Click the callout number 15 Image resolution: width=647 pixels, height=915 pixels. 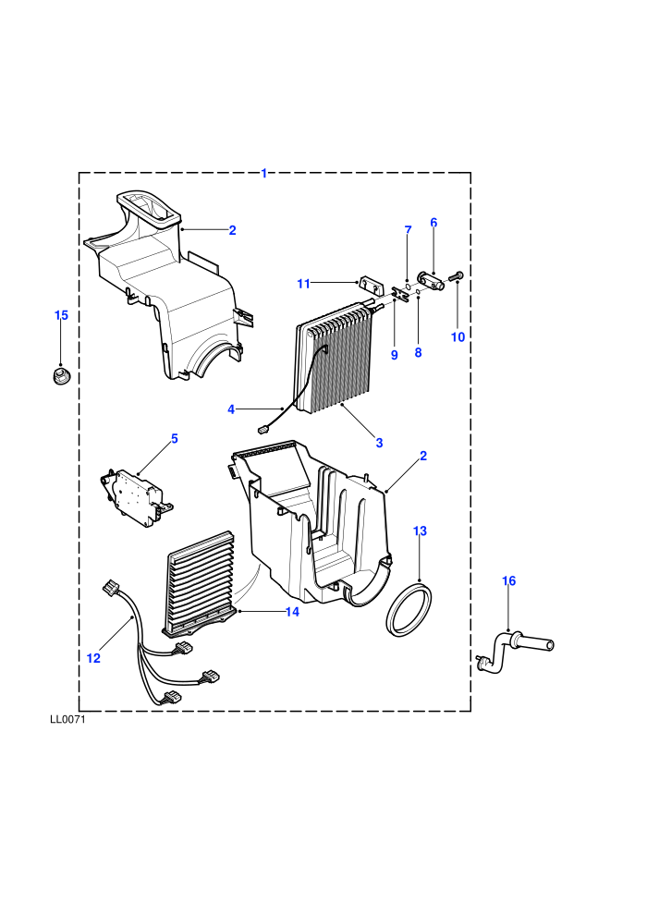click(61, 315)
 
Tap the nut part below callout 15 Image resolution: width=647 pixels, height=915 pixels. click(59, 374)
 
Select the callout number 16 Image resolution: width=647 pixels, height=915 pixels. click(508, 580)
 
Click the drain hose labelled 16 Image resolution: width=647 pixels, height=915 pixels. click(513, 650)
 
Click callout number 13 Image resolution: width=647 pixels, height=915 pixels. click(420, 531)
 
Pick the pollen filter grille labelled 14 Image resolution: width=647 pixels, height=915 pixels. click(201, 582)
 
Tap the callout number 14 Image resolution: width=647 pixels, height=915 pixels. click(292, 612)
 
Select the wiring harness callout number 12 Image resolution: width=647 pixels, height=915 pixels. click(93, 658)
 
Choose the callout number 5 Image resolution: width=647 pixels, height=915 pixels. click(175, 438)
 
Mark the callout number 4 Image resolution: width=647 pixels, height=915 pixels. click(231, 409)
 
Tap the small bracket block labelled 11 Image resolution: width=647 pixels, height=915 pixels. click(369, 286)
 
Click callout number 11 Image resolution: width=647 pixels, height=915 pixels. click(303, 284)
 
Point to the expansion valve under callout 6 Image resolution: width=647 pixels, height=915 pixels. click(432, 281)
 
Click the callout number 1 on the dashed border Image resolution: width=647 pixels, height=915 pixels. click(263, 174)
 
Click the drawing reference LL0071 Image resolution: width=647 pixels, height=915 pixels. click(67, 719)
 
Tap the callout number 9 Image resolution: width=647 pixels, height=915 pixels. click(395, 355)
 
